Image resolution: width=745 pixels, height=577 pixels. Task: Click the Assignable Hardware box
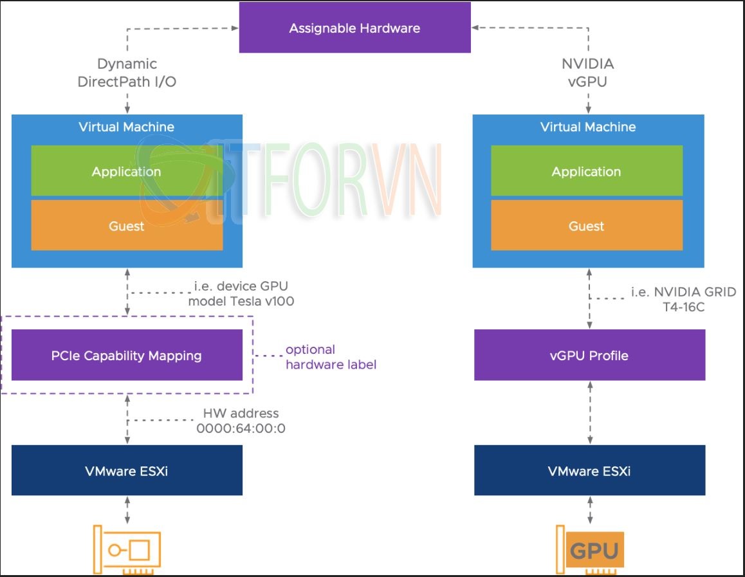(x=354, y=28)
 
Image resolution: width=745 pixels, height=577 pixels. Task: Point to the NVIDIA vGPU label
(x=587, y=73)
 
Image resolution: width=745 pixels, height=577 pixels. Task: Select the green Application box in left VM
(x=127, y=171)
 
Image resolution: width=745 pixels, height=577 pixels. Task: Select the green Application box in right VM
(x=586, y=171)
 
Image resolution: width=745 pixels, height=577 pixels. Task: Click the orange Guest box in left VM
(x=127, y=226)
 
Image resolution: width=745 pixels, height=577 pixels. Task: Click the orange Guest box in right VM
(x=586, y=226)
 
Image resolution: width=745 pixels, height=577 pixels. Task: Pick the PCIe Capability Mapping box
(x=127, y=355)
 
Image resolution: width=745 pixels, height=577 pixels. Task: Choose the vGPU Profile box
(x=589, y=355)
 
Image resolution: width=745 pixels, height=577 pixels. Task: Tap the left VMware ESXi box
(x=127, y=470)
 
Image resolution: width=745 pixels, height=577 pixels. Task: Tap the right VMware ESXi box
(x=589, y=470)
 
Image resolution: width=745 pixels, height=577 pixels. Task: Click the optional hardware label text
(x=330, y=357)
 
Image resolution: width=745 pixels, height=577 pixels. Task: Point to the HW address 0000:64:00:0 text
(x=241, y=420)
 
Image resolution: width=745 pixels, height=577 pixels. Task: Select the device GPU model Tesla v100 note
(x=241, y=293)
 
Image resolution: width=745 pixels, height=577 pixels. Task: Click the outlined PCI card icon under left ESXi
(x=127, y=550)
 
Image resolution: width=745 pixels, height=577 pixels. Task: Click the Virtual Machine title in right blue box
(x=588, y=127)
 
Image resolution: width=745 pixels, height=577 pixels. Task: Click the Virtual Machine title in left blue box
(x=126, y=127)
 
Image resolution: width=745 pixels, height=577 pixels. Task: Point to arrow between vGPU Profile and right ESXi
(x=589, y=412)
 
